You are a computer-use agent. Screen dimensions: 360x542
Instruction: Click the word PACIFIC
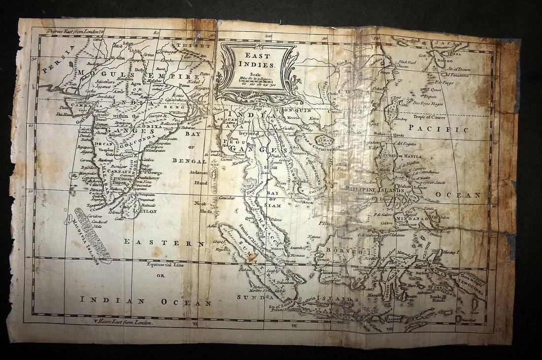click(x=445, y=130)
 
